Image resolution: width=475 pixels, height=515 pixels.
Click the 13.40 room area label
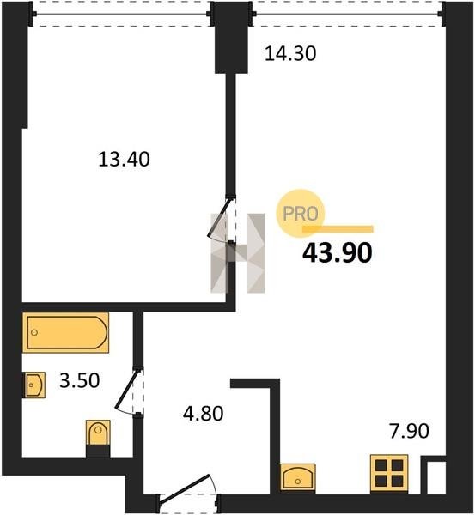[125, 160]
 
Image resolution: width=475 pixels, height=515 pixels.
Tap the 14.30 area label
[290, 53]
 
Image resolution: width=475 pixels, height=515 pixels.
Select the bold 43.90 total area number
[338, 253]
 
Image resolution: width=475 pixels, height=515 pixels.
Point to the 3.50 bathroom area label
[80, 380]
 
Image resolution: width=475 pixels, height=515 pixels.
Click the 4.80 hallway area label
[204, 413]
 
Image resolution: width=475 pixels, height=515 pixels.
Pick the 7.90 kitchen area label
[409, 431]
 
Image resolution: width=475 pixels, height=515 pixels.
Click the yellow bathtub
[65, 332]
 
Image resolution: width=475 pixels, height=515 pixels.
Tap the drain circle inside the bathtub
[34, 332]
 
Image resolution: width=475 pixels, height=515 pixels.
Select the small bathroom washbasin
[35, 385]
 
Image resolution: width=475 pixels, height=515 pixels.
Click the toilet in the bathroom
[98, 433]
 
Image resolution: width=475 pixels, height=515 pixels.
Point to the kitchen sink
[298, 477]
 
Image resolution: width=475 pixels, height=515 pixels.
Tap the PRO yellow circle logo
[301, 214]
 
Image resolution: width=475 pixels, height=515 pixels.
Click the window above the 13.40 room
[121, 14]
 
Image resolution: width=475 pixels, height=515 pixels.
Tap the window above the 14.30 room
[348, 14]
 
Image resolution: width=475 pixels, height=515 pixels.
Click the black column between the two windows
[231, 37]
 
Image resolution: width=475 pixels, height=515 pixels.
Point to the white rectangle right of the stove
[435, 477]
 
